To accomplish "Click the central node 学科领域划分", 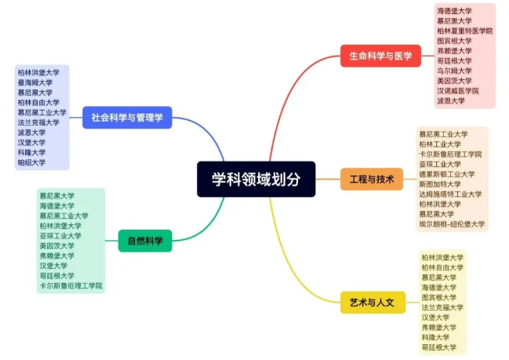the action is click(x=256, y=179).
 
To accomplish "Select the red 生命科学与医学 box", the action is click(x=380, y=56).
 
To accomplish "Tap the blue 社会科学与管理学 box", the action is click(x=127, y=118).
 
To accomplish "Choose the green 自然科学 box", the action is click(x=145, y=241).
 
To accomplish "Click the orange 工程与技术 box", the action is click(x=372, y=179).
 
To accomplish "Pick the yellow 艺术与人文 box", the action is click(x=373, y=303).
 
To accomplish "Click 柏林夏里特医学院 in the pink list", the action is click(x=464, y=31).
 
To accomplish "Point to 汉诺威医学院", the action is click(x=458, y=91).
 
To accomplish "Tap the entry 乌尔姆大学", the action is click(x=454, y=71).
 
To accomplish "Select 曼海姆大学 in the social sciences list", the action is click(x=35, y=82).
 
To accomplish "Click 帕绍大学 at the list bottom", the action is click(x=31, y=162).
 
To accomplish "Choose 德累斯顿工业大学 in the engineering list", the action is click(x=447, y=174).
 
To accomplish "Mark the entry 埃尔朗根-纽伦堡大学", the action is click(x=452, y=224).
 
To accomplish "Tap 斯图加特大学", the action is click(x=440, y=184).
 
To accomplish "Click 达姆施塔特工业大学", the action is click(x=450, y=195).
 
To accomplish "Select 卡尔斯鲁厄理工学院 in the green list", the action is click(x=71, y=285).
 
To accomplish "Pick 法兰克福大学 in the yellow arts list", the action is click(x=442, y=307).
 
